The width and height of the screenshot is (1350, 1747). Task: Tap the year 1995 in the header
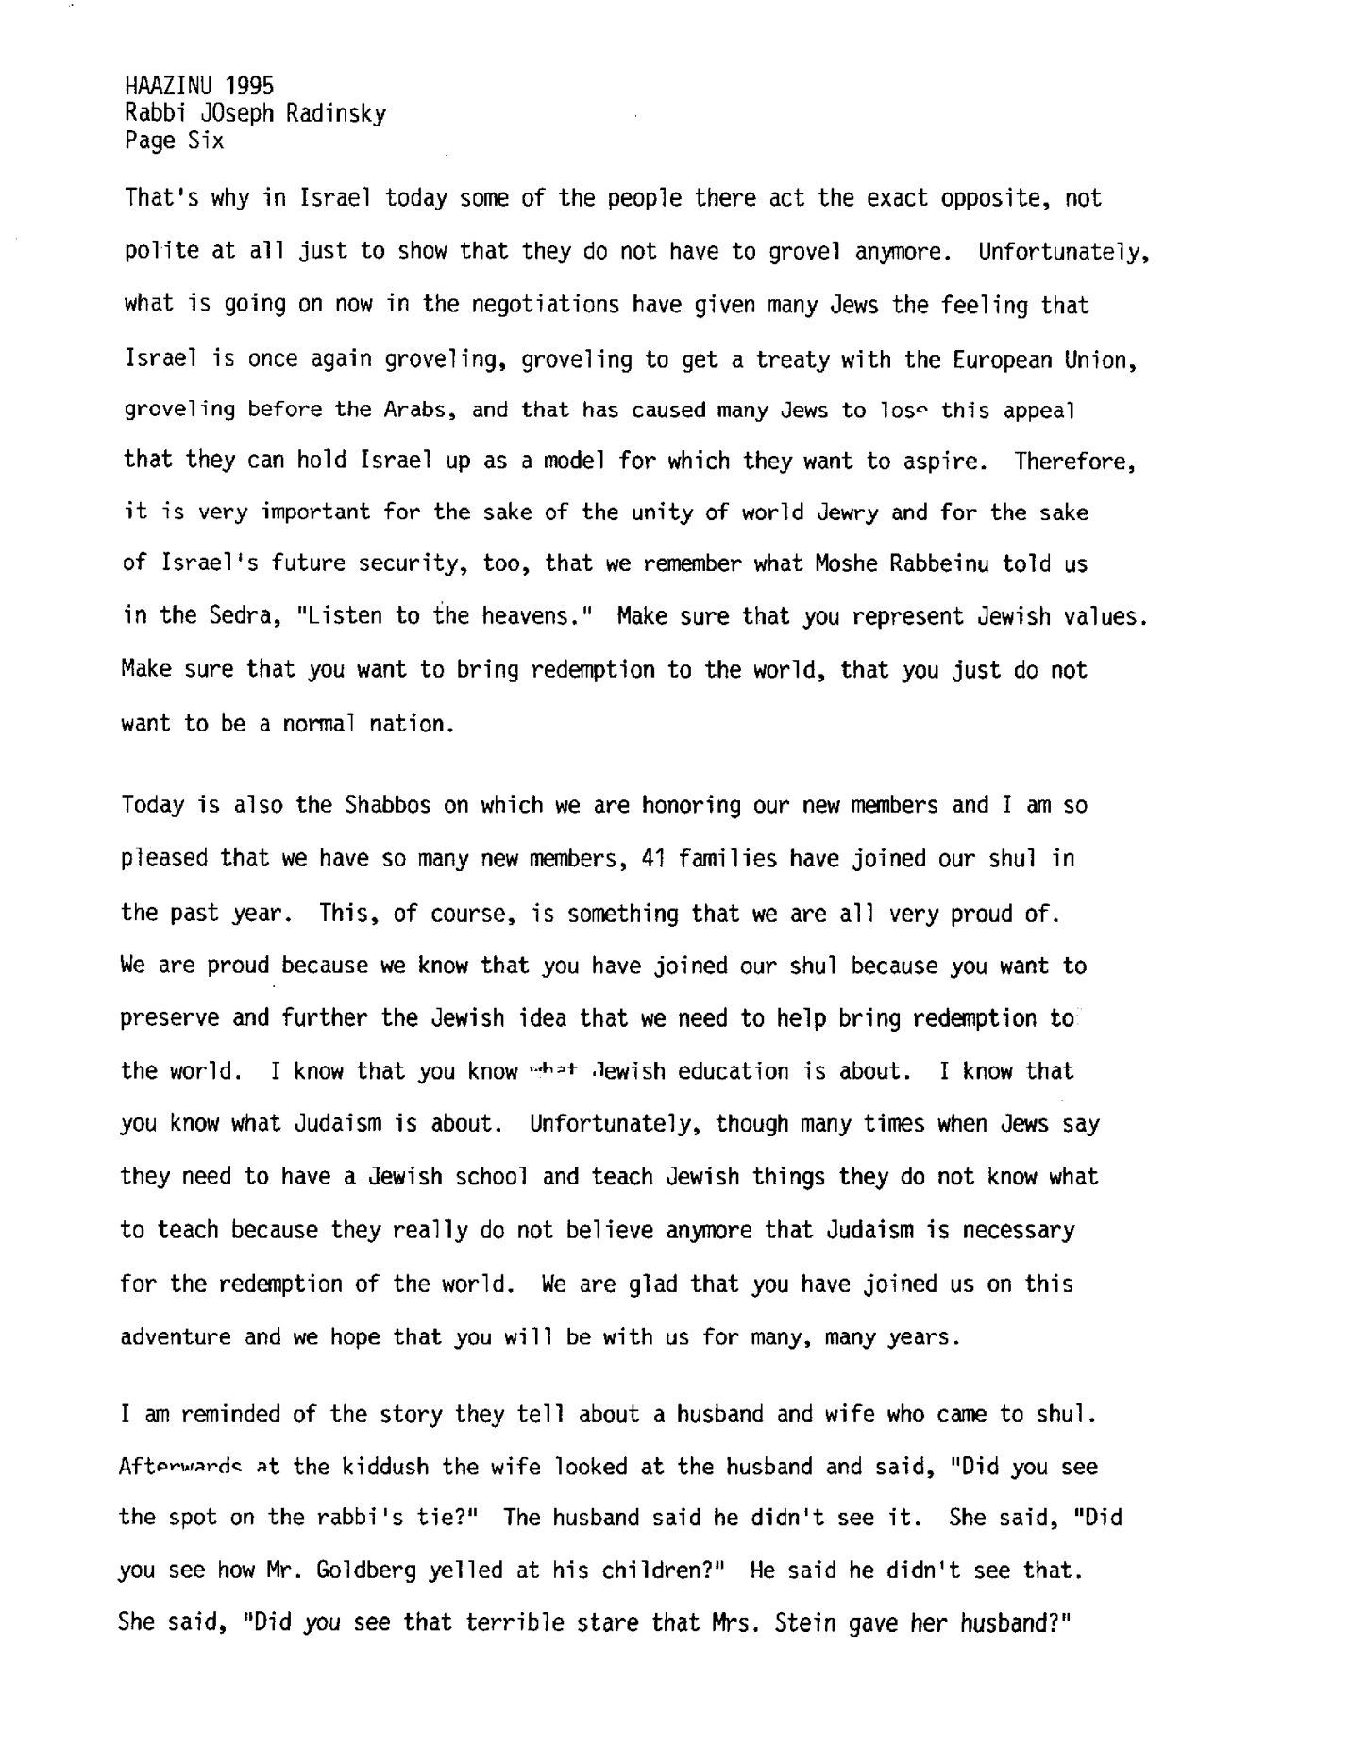pyautogui.click(x=249, y=86)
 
